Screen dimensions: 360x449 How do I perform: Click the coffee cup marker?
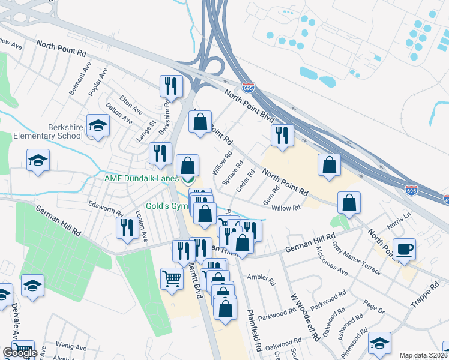(x=404, y=249)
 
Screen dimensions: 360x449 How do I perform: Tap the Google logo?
(x=19, y=352)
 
